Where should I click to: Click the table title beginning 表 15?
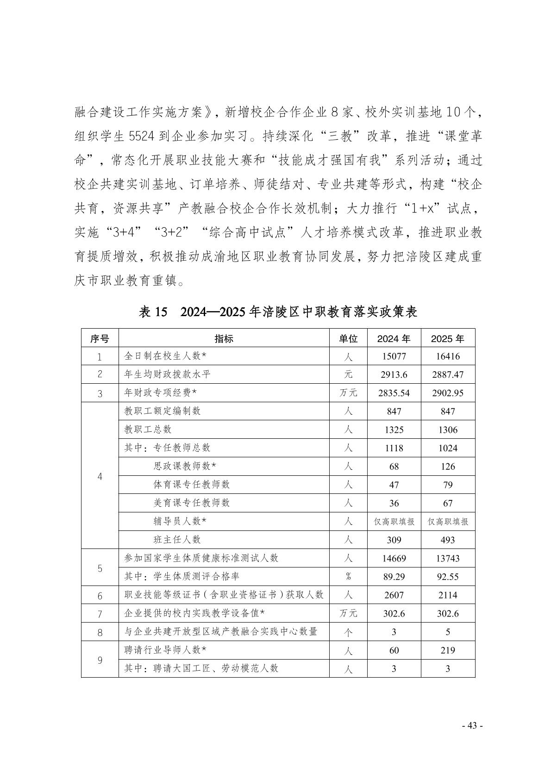tap(278, 312)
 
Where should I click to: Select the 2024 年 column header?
tap(394, 338)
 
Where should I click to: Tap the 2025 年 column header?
tap(447, 338)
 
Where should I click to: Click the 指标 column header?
tap(224, 338)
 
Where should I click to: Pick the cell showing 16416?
tap(447, 356)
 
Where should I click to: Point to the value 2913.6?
tap(394, 374)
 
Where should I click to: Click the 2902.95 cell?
tap(447, 393)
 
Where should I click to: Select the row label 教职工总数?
tap(148, 429)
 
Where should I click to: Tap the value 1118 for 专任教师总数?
tap(394, 448)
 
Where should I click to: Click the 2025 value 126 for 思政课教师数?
tap(447, 466)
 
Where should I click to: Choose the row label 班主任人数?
tap(177, 539)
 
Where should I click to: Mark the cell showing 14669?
tap(394, 558)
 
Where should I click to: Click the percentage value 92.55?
tap(447, 577)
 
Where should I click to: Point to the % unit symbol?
tap(348, 577)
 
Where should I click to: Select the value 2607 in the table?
tap(394, 595)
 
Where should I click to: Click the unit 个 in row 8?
tap(348, 632)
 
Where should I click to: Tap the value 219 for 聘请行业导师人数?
tap(447, 650)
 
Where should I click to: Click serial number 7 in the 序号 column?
tap(100, 614)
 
